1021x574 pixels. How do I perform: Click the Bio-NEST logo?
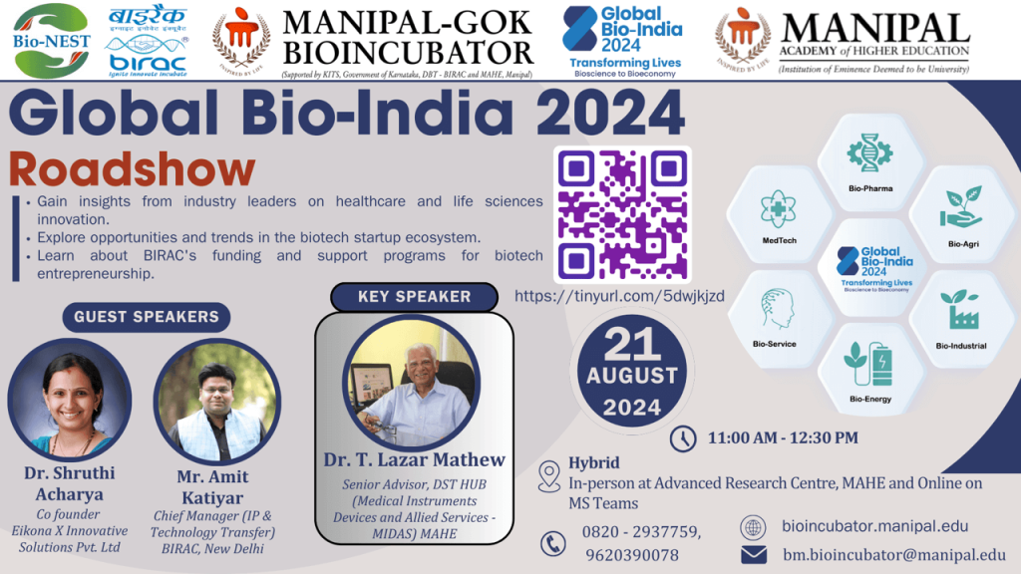[x=53, y=40]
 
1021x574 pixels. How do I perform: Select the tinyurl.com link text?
[x=619, y=296]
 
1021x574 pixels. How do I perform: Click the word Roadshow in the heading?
[x=132, y=170]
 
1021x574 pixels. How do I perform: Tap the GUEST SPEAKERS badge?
[x=146, y=317]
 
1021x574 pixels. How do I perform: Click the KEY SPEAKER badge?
[x=414, y=296]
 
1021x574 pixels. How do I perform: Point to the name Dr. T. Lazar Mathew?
[x=414, y=459]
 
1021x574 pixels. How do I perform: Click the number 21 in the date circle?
[x=632, y=345]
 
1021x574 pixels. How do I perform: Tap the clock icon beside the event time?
[x=683, y=437]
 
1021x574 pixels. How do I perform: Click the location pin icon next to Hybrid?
[x=548, y=476]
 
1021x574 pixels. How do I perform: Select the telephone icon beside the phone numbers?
[x=552, y=543]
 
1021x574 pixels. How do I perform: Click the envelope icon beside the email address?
[x=754, y=554]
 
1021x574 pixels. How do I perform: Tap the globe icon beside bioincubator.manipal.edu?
[x=754, y=527]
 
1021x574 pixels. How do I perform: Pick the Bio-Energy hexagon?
[x=869, y=370]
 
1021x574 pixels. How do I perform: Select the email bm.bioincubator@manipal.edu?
[x=893, y=554]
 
